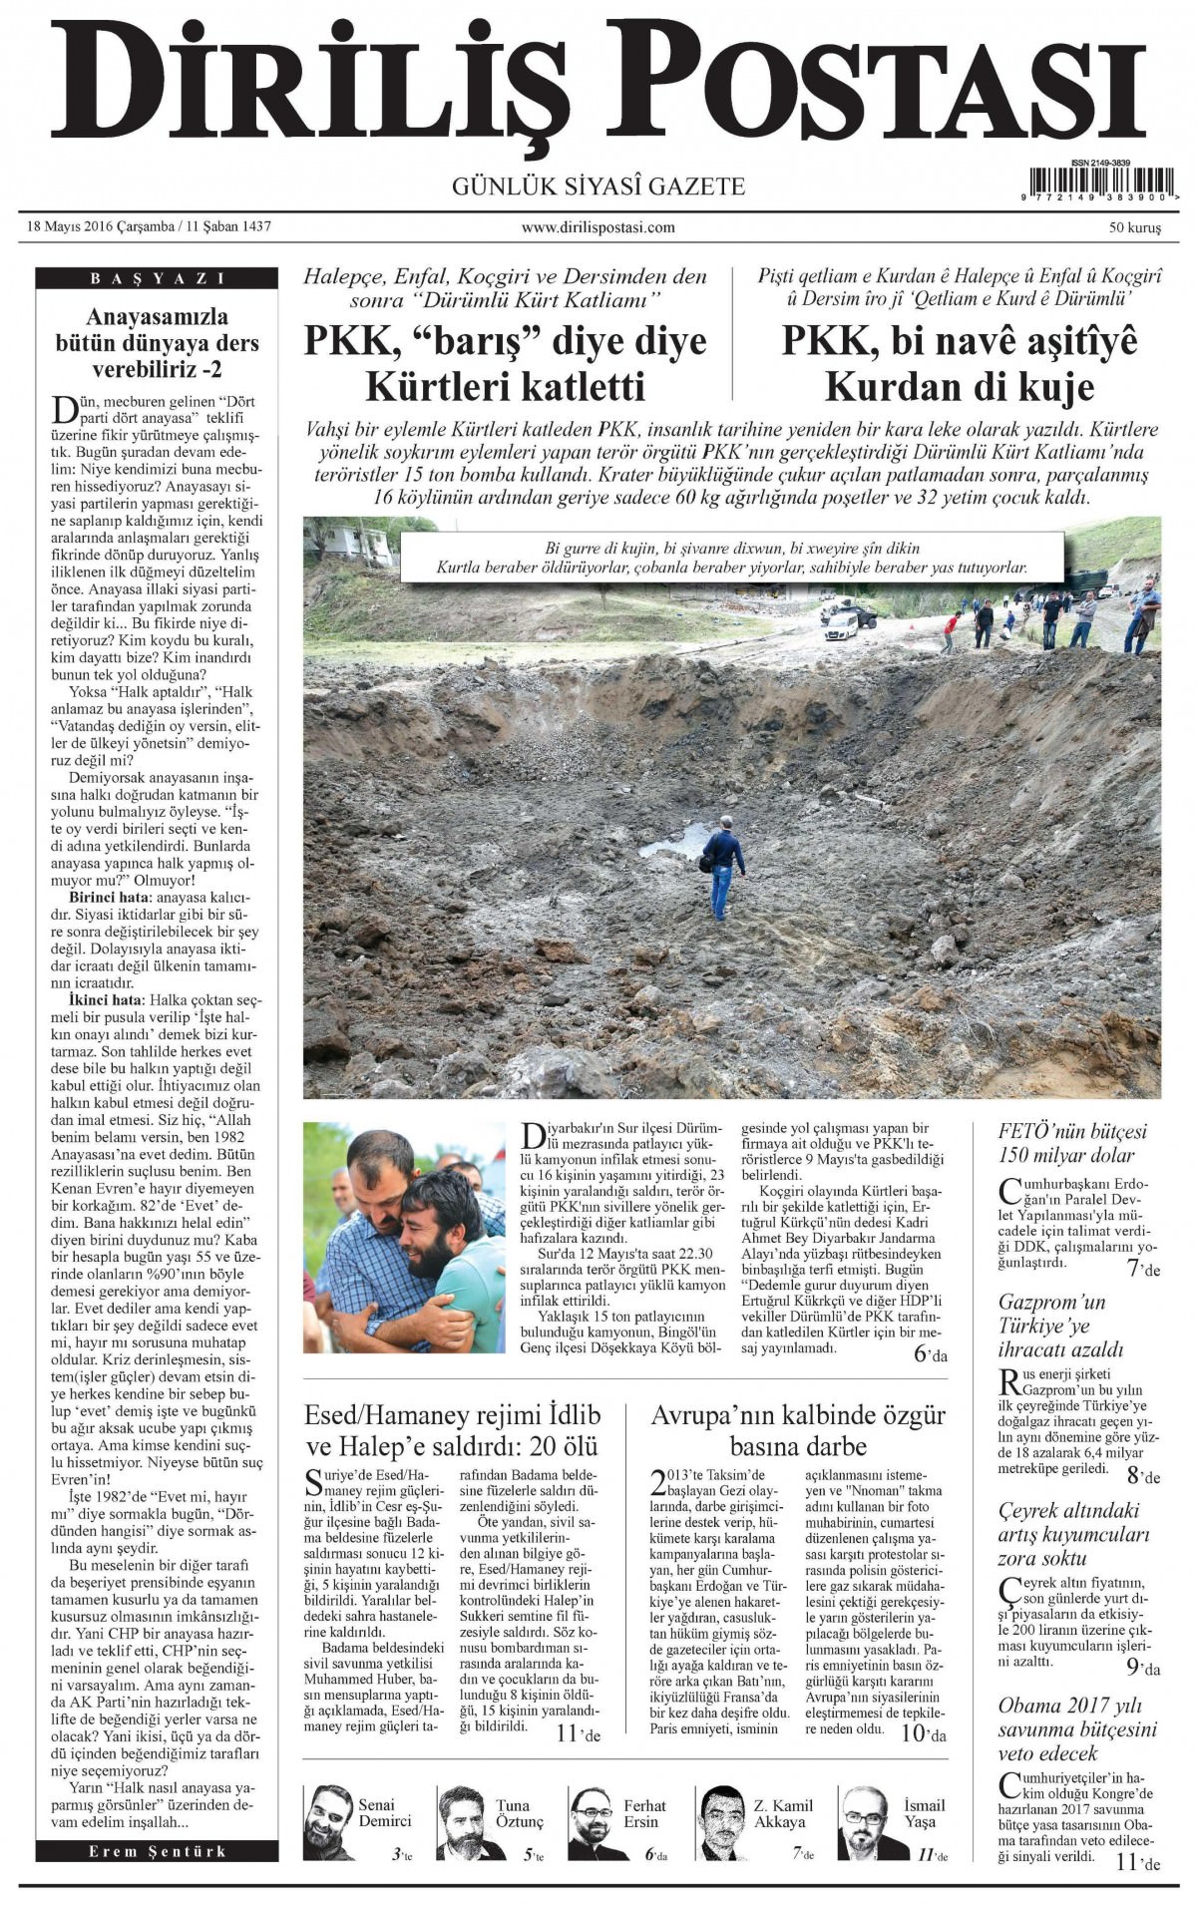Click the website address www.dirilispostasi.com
[x=598, y=227]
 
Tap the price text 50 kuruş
[x=1134, y=228]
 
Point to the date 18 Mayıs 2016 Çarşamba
[x=100, y=226]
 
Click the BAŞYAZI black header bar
[x=158, y=279]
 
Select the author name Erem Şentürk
[x=158, y=1851]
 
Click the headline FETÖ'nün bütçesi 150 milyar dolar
[x=1072, y=1143]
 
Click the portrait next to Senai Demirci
[x=329, y=1821]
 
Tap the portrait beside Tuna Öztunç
[x=462, y=1821]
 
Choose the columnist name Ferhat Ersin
[x=644, y=1813]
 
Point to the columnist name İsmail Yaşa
[x=924, y=1813]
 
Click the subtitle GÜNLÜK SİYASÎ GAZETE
[x=598, y=187]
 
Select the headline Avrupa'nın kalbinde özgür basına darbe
[x=797, y=1430]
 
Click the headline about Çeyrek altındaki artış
[x=1073, y=1534]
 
